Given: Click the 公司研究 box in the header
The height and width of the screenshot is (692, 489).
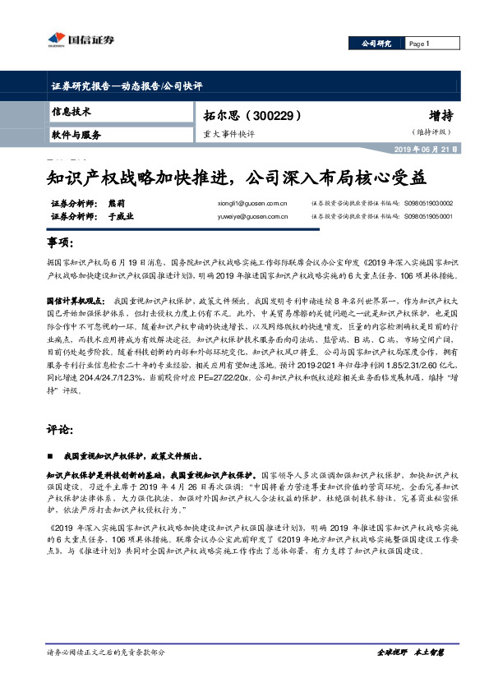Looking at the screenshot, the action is coord(376,43).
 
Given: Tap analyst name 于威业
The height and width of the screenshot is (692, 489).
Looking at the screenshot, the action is coord(120,217).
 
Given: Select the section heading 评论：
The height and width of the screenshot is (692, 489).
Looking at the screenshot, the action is coord(62,429).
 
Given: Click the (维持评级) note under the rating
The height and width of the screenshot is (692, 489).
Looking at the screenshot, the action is coord(431,132).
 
